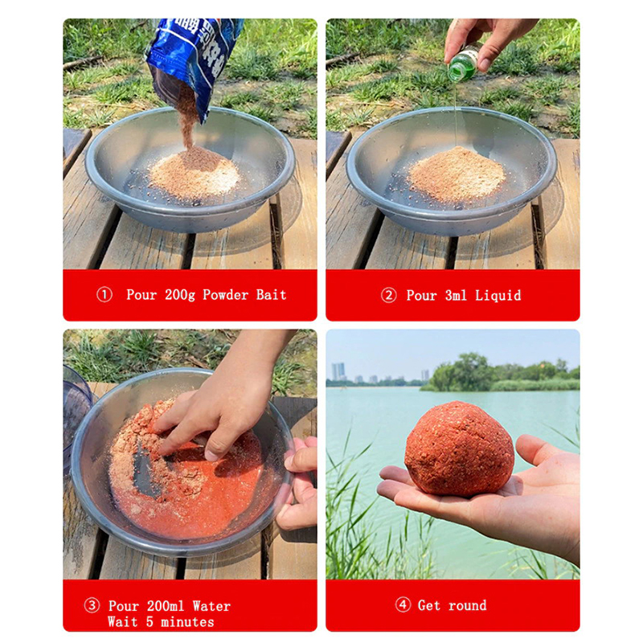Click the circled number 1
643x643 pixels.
104,294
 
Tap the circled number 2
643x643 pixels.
388,295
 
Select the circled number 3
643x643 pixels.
92,605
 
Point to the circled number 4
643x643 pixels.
403,604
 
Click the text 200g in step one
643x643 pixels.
179,295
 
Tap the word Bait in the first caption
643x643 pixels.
271,294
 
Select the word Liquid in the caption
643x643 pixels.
498,295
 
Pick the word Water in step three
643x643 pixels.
211,606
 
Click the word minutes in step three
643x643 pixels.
187,622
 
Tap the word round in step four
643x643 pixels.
468,605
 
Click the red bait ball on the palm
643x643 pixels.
459,448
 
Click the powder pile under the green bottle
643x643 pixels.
457,174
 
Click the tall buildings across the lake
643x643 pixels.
338,371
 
